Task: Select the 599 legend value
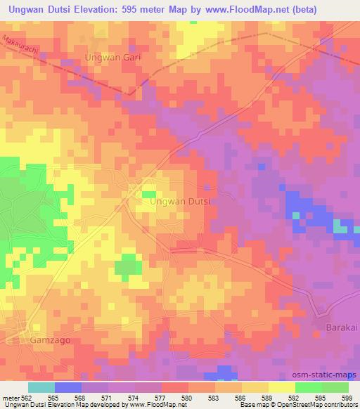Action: click(x=345, y=397)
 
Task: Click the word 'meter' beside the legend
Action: click(x=9, y=397)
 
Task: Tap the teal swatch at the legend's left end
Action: click(x=41, y=387)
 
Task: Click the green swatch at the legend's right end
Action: click(x=335, y=387)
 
